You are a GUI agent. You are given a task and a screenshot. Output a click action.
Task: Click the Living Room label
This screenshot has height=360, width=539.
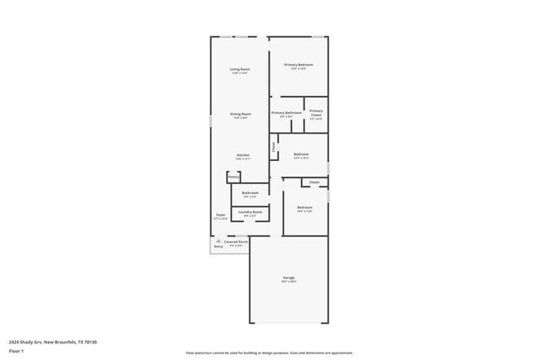pos(240,69)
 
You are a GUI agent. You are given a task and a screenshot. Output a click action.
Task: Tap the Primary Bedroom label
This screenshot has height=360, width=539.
pos(299,65)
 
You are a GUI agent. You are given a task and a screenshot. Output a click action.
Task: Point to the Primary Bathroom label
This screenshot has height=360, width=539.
pos(286,113)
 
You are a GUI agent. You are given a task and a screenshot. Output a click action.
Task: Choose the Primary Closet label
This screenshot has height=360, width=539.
pos(316,113)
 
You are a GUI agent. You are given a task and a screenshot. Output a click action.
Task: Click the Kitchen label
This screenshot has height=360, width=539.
pos(243,155)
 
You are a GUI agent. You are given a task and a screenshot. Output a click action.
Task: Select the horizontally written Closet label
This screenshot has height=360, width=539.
pos(314,182)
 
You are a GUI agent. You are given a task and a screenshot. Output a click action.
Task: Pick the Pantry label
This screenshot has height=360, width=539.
pos(234,177)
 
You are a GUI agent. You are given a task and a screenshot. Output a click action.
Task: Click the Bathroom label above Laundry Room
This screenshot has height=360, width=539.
pos(250,193)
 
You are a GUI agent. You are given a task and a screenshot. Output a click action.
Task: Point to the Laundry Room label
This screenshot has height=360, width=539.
pos(250,212)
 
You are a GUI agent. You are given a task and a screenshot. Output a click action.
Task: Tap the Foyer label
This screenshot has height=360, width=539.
pos(221,215)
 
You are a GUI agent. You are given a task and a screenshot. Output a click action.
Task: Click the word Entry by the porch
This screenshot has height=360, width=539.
pos(219,246)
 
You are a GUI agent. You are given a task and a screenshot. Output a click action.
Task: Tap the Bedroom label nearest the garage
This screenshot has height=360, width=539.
pos(304,207)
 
